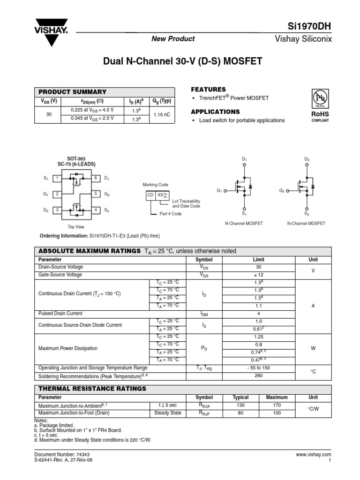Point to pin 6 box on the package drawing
coord(96,178)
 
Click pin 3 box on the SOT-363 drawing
coord(57,210)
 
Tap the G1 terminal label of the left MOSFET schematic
coord(219,191)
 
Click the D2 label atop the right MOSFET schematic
coord(307,159)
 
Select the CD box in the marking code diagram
coord(150,194)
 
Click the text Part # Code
coord(171,214)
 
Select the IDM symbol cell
coord(204,314)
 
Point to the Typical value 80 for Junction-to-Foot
coord(241,413)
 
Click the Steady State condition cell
coord(168,413)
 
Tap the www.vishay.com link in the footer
coord(314,455)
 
